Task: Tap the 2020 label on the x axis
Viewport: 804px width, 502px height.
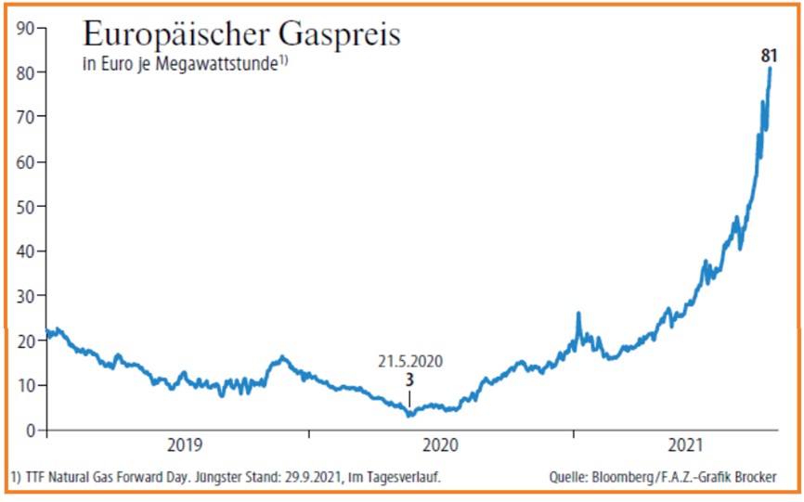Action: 443,446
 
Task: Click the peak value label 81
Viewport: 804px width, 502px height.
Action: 769,58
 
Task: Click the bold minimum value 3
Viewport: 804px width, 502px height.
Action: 409,381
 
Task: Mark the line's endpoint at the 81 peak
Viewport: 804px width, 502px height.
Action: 771,70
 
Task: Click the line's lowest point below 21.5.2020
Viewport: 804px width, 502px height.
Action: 410,415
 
